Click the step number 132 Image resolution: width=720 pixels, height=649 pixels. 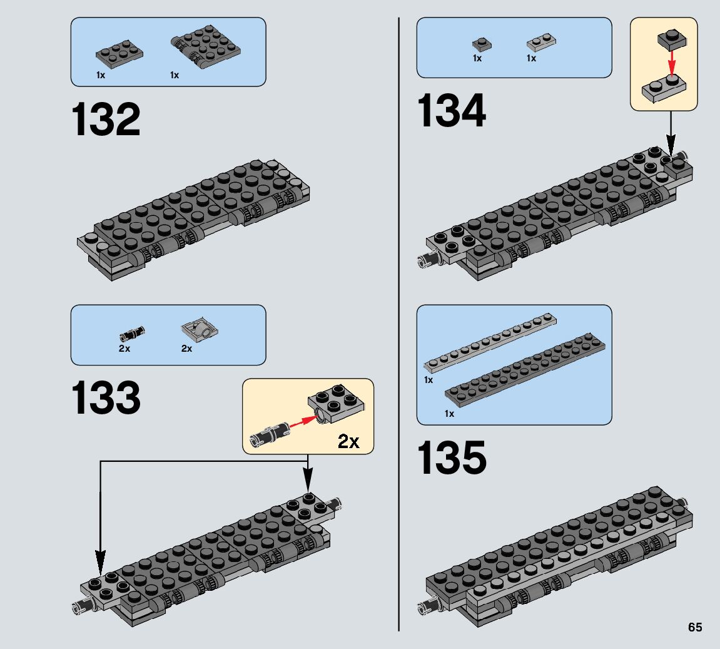pyautogui.click(x=106, y=120)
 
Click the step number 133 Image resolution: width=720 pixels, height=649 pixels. pyautogui.click(x=106, y=399)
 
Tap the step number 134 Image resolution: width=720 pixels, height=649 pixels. pyautogui.click(x=451, y=111)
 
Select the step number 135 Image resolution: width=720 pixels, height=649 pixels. pyautogui.click(x=451, y=457)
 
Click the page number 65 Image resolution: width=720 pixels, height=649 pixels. pyautogui.click(x=695, y=628)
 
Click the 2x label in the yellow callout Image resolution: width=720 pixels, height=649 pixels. pyautogui.click(x=348, y=441)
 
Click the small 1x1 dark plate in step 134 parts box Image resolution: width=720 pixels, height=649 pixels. pyautogui.click(x=481, y=44)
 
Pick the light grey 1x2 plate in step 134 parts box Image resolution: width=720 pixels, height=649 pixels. pyautogui.click(x=542, y=43)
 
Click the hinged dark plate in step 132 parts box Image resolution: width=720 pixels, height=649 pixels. pyautogui.click(x=202, y=47)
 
